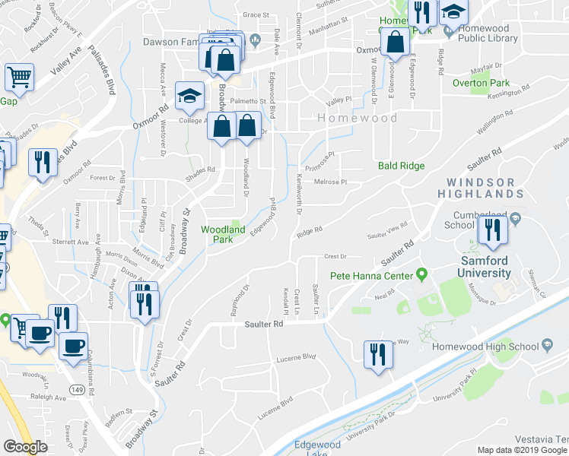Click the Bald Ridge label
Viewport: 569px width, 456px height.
pos(401,166)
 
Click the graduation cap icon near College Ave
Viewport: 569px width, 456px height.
pos(189,96)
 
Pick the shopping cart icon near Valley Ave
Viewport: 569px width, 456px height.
pos(19,76)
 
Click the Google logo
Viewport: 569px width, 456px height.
pos(25,447)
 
